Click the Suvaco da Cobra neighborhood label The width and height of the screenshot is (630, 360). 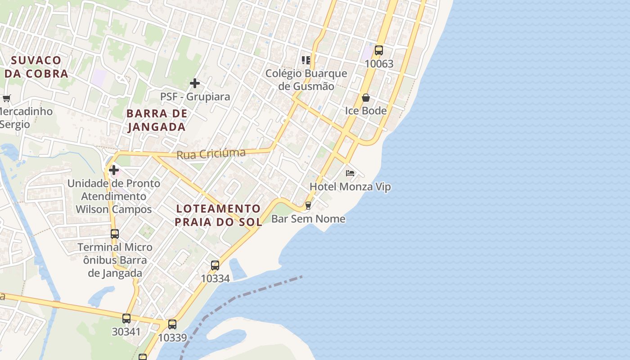(36, 67)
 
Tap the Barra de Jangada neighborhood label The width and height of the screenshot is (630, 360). (157, 120)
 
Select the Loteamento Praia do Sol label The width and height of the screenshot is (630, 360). (219, 215)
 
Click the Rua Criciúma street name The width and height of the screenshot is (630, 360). (211, 154)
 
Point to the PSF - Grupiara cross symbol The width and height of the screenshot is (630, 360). (195, 83)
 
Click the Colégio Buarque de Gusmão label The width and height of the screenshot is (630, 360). (306, 80)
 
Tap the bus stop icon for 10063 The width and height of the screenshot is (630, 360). (379, 50)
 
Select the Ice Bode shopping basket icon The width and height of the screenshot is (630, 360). (366, 98)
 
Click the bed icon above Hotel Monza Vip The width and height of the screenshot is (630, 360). (350, 173)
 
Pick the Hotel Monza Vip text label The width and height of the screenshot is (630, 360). (350, 187)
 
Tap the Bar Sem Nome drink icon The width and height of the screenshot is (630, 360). (308, 206)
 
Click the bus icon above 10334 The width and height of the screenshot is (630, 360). (215, 265)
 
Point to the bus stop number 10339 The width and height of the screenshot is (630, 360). (172, 337)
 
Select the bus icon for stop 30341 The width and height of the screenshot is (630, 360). (126, 319)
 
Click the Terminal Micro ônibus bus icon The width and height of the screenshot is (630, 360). (115, 234)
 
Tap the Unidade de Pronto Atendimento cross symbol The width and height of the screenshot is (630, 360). (114, 170)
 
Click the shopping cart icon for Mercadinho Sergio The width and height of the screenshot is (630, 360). (6, 98)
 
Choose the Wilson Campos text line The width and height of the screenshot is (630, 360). (113, 209)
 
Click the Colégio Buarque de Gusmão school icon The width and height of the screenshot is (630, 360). (306, 60)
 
